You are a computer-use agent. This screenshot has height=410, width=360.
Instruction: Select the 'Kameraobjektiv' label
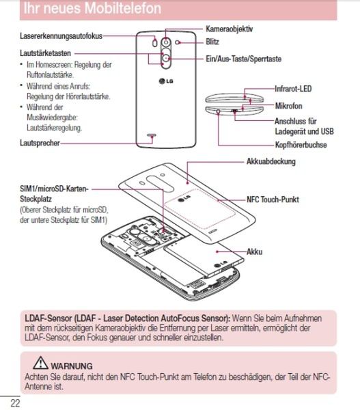(x=230, y=29)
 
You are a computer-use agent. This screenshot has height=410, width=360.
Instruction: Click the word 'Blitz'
(x=212, y=42)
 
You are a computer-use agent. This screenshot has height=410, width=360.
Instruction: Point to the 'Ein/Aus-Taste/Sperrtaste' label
(x=243, y=60)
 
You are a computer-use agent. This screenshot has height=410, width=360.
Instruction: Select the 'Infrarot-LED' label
(x=294, y=89)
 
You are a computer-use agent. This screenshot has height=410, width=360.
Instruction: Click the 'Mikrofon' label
(x=288, y=107)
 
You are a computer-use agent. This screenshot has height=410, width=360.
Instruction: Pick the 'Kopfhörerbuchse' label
(x=300, y=145)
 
